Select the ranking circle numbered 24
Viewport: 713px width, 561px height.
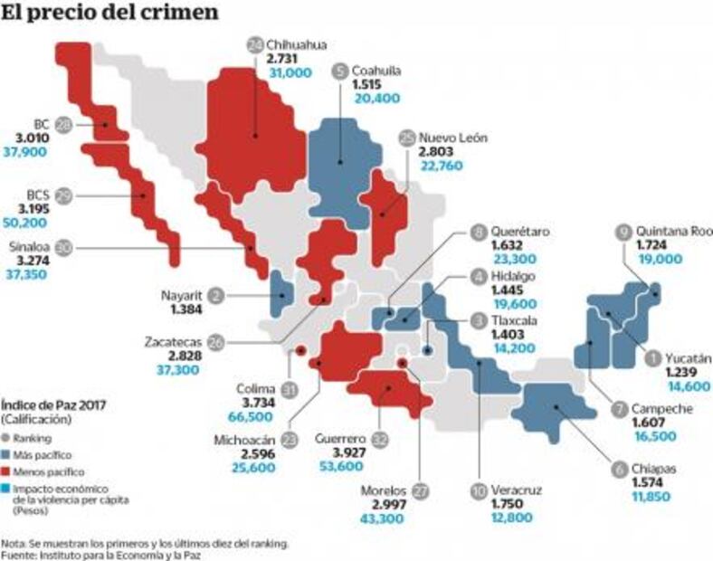click(254, 43)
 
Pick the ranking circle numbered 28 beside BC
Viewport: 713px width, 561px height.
click(63, 124)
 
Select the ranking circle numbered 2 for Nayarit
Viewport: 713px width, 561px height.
click(215, 294)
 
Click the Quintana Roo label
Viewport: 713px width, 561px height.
click(674, 231)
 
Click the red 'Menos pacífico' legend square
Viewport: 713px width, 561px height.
click(7, 471)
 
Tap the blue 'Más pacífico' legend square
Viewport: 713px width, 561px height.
click(7, 454)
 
